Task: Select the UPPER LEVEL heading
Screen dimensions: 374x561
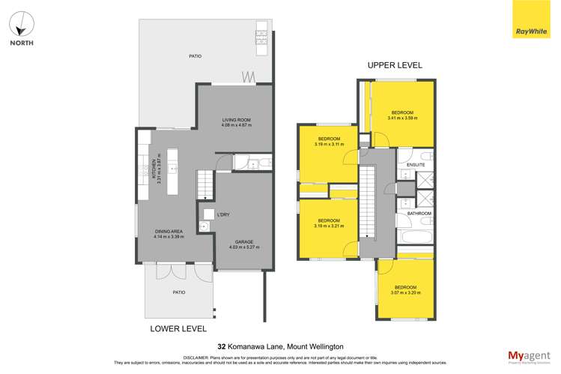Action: point(395,65)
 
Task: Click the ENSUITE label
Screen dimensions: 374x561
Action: point(416,164)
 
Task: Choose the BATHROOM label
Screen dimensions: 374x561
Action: point(419,214)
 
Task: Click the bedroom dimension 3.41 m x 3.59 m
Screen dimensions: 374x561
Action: point(402,118)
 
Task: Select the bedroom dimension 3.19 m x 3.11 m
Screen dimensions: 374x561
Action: point(329,144)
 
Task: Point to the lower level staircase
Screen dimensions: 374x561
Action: point(205,184)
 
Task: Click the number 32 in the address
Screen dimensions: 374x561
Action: point(222,347)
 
